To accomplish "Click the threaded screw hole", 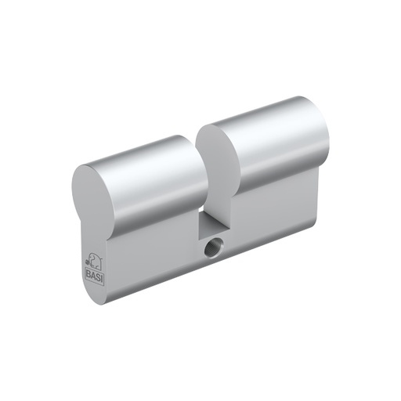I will click(x=211, y=251).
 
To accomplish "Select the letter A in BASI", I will click(x=91, y=272).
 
